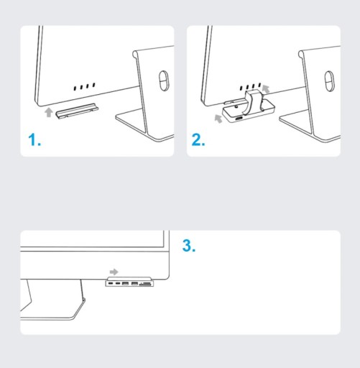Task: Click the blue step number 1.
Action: [34, 139]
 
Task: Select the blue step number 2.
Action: [198, 139]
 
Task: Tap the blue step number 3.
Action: [189, 246]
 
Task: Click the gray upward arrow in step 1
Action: [49, 112]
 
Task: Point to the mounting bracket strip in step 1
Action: [77, 111]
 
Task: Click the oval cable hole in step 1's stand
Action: [164, 80]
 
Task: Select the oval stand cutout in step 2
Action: [329, 81]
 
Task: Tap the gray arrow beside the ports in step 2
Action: [266, 88]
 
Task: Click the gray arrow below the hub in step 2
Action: [218, 119]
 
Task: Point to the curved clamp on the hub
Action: [254, 101]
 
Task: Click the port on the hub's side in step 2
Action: [239, 119]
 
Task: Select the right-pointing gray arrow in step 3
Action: [114, 272]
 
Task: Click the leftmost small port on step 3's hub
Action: [111, 284]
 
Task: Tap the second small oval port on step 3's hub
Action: [118, 284]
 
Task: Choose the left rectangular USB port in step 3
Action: [125, 284]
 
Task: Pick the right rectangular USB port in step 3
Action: [134, 284]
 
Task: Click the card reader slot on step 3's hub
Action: [145, 284]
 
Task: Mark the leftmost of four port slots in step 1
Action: [75, 88]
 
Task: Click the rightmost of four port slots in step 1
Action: [93, 85]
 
